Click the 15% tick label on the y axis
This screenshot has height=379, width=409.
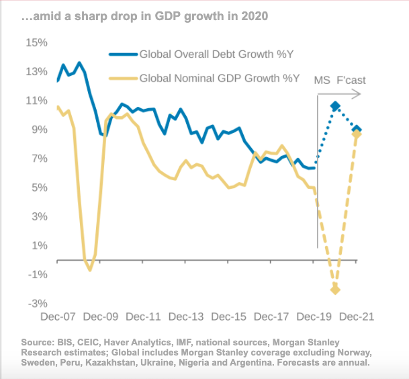[x=36, y=42]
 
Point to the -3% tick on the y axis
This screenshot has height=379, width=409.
[x=36, y=304]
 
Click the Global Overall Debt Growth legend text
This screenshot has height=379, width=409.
[x=218, y=54]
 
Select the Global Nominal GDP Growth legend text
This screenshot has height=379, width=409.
[x=219, y=79]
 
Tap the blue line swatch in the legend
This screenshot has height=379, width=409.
[x=123, y=54]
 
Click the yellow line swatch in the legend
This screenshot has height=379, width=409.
[x=123, y=79]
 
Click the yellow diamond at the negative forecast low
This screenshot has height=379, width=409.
[x=335, y=290]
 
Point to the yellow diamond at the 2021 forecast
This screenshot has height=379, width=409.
[x=357, y=134]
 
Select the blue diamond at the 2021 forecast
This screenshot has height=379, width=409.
[x=357, y=129]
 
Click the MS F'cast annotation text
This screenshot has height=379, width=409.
[x=340, y=81]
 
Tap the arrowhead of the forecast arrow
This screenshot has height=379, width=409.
[x=359, y=94]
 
